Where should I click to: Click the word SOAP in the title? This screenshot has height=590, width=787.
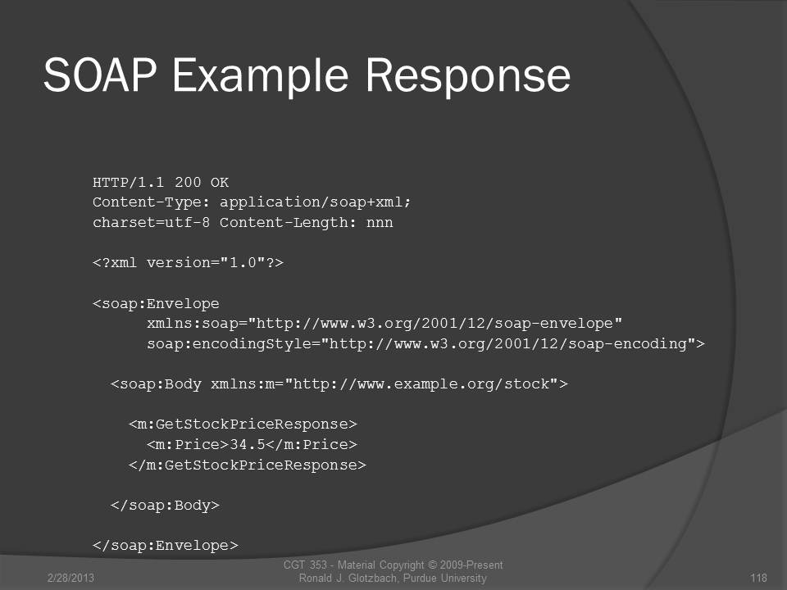pos(100,75)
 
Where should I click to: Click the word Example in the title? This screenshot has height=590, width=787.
pos(261,75)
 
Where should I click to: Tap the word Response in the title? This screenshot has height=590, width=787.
pos(468,75)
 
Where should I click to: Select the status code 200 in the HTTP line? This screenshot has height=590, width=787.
pos(188,182)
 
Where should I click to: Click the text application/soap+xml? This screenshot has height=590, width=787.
pos(315,202)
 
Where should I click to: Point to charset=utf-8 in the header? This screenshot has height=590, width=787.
pos(151,222)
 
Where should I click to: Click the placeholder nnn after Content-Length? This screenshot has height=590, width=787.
pos(380,223)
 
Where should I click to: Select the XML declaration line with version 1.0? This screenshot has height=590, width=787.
pos(189,262)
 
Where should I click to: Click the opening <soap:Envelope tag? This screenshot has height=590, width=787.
pos(156,303)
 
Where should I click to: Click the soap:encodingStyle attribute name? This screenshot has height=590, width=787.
pos(230,344)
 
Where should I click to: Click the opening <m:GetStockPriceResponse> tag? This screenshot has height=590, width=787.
pos(243,424)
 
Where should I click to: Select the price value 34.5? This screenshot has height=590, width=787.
pos(247,444)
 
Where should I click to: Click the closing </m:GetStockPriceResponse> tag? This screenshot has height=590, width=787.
pos(248,465)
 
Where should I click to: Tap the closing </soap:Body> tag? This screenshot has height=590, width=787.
pos(165,506)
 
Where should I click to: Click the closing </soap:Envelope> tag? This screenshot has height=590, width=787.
pos(166,546)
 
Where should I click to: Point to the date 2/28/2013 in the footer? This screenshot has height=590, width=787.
pos(71,578)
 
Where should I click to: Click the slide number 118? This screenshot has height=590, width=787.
pos(758,578)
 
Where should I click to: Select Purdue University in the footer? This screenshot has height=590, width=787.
pos(444,578)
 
